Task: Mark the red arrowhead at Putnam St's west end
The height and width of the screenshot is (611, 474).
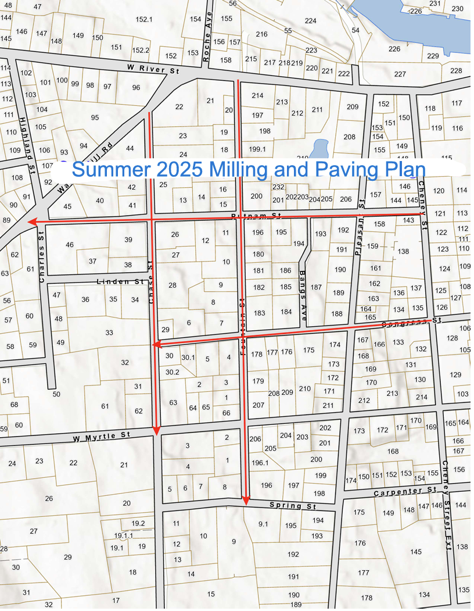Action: [33, 221]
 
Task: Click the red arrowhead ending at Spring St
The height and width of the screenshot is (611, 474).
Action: [246, 501]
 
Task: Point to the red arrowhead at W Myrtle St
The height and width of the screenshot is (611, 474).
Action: [156, 430]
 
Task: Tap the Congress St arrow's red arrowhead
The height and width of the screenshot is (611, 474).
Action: [156, 345]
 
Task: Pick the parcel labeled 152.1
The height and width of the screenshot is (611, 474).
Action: [143, 19]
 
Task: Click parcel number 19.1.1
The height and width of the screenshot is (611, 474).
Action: [123, 535]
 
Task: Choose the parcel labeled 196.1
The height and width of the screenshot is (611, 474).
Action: [260, 463]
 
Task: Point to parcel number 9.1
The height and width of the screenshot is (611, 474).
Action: [263, 524]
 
